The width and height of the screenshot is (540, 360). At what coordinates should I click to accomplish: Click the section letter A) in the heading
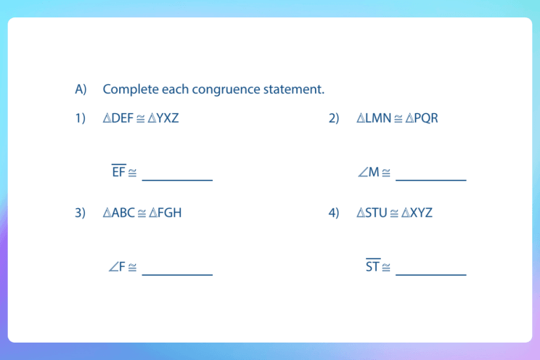(81, 89)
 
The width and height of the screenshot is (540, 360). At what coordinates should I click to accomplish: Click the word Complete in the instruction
(128, 89)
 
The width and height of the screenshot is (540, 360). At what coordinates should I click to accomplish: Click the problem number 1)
(81, 118)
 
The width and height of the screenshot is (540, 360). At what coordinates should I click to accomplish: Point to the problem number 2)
(334, 118)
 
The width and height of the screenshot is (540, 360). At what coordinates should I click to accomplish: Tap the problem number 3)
(81, 213)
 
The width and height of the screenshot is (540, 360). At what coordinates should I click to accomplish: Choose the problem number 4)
(334, 213)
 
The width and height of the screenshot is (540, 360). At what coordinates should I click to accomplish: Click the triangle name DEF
(123, 118)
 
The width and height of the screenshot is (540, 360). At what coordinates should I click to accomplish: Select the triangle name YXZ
(168, 118)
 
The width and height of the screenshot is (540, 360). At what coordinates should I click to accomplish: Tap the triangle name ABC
(123, 213)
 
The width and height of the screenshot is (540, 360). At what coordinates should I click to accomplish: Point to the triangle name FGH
(170, 213)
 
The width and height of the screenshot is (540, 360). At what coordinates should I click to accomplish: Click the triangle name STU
(376, 213)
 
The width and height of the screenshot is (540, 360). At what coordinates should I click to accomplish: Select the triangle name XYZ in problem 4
(421, 213)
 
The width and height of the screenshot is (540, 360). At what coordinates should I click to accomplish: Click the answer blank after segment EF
(177, 173)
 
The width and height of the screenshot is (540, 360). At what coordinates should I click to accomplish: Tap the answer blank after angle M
(430, 173)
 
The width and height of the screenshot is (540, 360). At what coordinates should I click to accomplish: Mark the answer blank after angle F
(177, 269)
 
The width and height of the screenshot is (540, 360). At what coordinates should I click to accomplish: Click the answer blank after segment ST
(430, 269)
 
